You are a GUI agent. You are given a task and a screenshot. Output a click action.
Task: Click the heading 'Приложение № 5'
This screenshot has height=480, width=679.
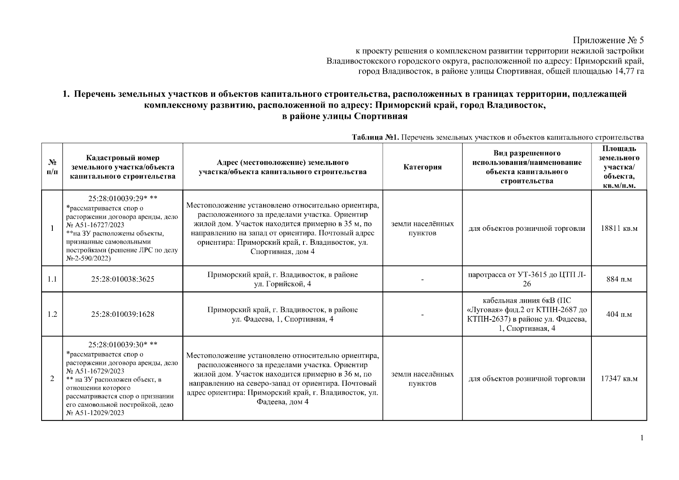point(608,40)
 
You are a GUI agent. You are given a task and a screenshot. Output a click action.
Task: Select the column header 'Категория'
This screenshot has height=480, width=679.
point(422,167)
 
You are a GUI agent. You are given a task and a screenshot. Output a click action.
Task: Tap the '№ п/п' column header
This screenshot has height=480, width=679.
point(52,167)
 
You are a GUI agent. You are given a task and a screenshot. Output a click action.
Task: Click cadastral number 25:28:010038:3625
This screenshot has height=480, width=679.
point(122,279)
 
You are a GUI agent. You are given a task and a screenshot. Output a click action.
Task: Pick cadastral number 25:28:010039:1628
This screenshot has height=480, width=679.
point(122,314)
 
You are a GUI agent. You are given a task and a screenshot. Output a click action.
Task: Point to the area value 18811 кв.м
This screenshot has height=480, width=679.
point(619,228)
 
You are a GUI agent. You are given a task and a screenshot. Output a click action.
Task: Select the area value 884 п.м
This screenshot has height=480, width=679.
point(619,279)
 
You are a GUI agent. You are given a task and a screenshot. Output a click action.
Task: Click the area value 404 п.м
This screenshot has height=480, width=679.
point(619,314)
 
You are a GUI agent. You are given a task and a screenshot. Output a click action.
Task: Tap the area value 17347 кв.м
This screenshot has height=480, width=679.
point(619,378)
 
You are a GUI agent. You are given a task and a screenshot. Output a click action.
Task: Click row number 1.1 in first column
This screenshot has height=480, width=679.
point(52,279)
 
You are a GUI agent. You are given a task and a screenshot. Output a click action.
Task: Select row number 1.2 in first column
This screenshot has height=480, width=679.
point(52,314)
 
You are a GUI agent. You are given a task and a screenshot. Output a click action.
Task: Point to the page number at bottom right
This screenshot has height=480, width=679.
point(641,438)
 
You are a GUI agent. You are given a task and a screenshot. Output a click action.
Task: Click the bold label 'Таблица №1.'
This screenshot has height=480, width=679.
point(375,138)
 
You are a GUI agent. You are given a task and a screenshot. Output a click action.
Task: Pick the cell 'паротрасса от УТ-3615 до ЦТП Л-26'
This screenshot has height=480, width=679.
point(527,279)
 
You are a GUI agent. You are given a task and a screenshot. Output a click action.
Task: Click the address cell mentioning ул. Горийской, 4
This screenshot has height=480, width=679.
point(282,279)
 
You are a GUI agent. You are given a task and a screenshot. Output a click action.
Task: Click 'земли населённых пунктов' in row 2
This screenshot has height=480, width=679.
point(422,378)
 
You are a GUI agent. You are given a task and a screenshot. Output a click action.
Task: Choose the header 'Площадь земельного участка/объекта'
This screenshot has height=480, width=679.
point(619,167)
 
